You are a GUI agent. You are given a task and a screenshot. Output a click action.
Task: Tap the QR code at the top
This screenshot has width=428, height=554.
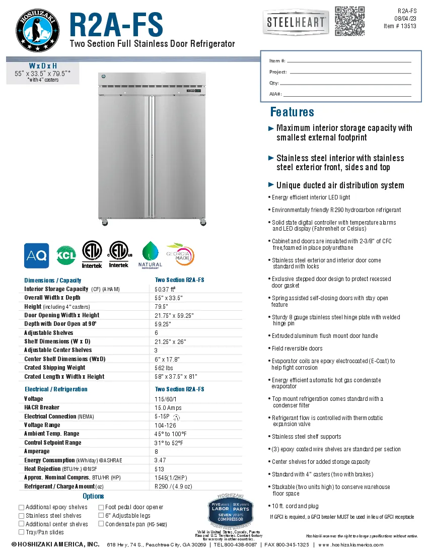click(349, 21)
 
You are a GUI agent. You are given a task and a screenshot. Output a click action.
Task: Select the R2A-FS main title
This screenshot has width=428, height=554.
click(116, 24)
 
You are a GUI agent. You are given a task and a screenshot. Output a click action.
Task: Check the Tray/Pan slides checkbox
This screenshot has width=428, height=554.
click(21, 532)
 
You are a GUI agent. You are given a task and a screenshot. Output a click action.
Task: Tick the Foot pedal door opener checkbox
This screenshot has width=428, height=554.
click(101, 507)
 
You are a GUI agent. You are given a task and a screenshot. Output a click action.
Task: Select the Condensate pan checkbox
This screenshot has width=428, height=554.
click(101, 524)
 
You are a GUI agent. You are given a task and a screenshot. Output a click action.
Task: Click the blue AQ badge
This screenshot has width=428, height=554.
click(37, 256)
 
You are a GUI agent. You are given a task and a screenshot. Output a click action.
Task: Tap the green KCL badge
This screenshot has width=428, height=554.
click(66, 255)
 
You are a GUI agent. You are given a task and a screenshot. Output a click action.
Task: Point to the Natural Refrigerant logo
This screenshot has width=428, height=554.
click(151, 255)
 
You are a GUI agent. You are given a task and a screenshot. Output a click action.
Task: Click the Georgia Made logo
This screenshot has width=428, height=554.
click(182, 255)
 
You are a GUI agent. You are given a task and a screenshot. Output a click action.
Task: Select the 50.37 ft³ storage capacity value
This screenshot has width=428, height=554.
click(165, 289)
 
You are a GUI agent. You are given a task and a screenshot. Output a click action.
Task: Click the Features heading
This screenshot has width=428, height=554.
click(292, 112)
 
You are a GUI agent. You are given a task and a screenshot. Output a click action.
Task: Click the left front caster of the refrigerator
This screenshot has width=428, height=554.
click(105, 222)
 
